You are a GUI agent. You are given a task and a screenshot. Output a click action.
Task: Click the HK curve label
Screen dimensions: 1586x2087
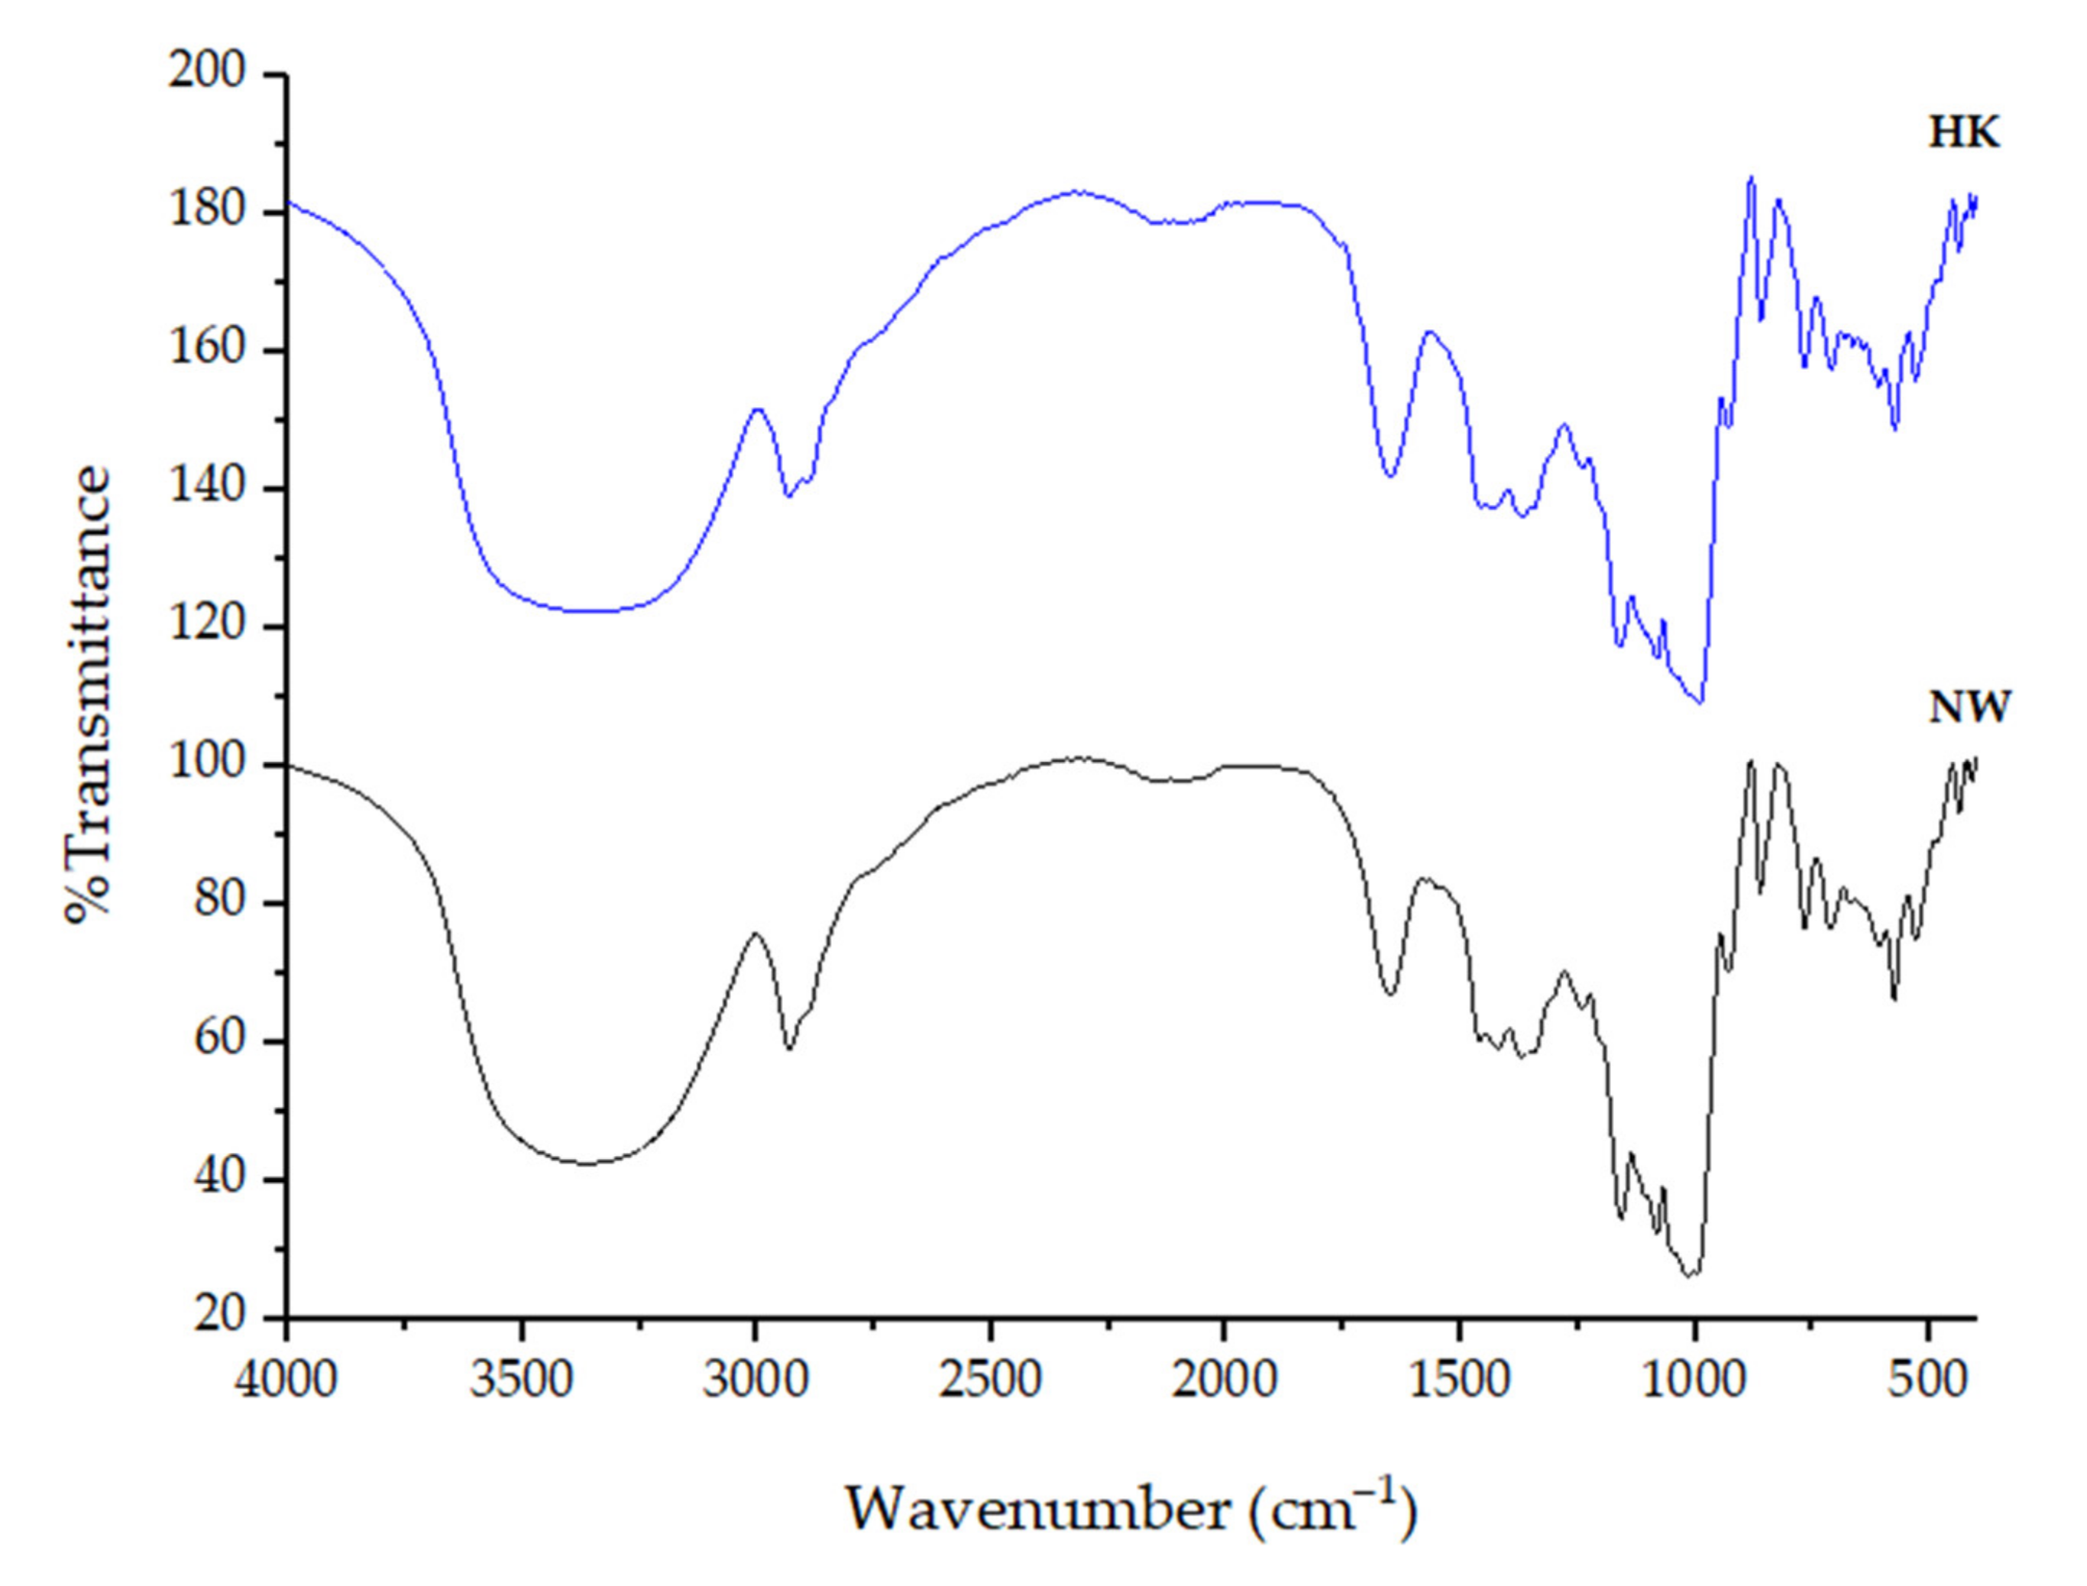(1963, 134)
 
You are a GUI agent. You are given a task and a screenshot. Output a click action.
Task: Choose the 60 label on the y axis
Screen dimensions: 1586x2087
(221, 1041)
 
